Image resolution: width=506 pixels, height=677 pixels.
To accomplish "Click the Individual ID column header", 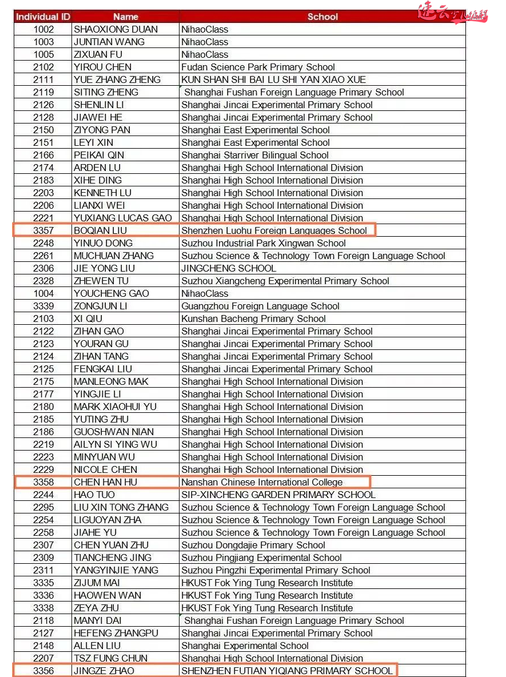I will pos(43,17).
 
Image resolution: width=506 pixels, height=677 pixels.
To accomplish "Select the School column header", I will pos(322,17).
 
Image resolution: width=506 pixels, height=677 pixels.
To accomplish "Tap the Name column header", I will pos(125,17).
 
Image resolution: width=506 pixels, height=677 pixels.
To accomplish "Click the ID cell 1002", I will pos(43,29).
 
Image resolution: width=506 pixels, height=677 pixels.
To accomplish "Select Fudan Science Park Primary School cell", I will pos(258,67).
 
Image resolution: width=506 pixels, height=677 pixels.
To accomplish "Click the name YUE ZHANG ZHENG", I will pos(117,79).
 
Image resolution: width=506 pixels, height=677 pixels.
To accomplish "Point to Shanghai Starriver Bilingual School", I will pos(255,155).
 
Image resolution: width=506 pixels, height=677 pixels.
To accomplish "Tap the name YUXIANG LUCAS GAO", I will pos(122,218).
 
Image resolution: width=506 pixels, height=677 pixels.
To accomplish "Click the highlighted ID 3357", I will pos(43,230).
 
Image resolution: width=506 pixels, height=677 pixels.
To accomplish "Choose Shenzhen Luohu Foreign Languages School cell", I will pos(274,230).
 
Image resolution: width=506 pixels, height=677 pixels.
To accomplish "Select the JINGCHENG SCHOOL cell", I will pos(229,268).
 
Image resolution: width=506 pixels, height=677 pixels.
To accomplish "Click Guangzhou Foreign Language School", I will pos(260,306).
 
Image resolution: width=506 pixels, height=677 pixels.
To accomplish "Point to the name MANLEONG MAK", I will pos(111,381).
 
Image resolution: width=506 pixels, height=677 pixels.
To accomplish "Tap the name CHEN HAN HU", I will pos(105,482).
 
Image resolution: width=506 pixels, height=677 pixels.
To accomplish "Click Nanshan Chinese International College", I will pos(262,482).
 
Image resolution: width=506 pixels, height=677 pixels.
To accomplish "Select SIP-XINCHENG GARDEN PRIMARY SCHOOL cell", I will pos(278,495).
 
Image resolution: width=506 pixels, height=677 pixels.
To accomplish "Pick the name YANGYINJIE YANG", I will pos(116,570).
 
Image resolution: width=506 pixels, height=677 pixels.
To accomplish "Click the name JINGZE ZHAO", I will pos(104,671).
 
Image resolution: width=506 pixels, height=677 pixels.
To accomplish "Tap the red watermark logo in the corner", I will pos(452,12).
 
